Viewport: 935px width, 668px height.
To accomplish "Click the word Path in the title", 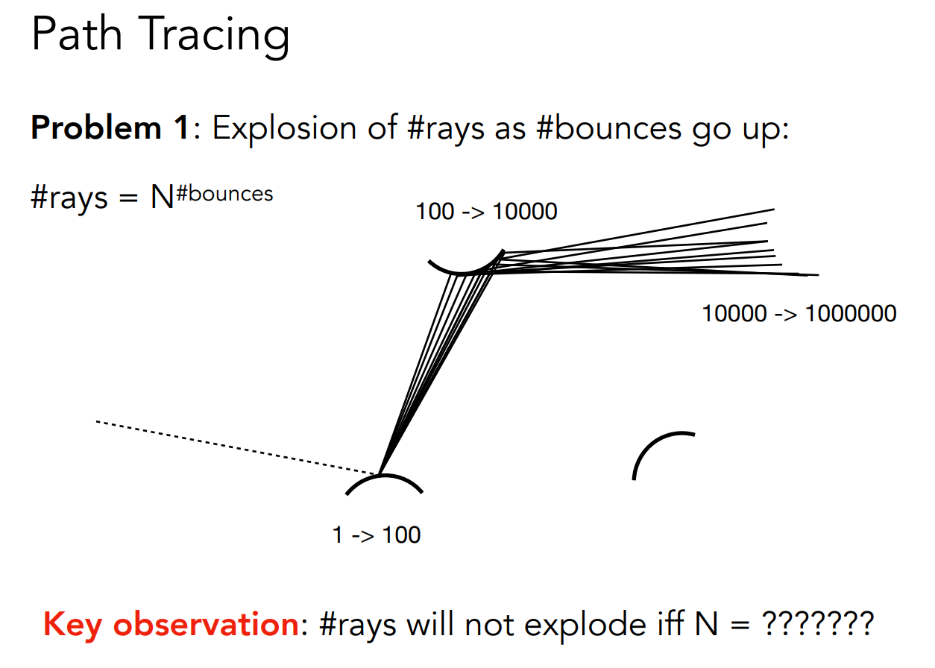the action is pyautogui.click(x=77, y=34).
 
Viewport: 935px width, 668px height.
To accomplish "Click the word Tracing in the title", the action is pyautogui.click(x=214, y=37).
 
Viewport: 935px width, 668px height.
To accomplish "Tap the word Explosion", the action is pyautogui.click(x=284, y=129).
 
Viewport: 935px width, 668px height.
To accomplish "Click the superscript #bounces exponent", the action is pyautogui.click(x=224, y=194).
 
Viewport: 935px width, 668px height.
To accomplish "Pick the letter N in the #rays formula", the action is pyautogui.click(x=162, y=197).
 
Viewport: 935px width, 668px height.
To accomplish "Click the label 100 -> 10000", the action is pyautogui.click(x=486, y=211).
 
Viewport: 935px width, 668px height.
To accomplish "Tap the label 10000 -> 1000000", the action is pyautogui.click(x=799, y=313).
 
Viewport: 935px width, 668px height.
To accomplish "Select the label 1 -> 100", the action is pyautogui.click(x=376, y=535).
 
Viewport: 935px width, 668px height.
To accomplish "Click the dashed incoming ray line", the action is pyautogui.click(x=236, y=448).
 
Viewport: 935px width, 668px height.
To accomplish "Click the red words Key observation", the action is pyautogui.click(x=171, y=626).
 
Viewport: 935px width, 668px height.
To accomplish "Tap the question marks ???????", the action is pyautogui.click(x=818, y=624).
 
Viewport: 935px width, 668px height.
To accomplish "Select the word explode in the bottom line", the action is pyautogui.click(x=585, y=626).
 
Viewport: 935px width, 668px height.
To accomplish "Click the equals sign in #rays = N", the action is pyautogui.click(x=128, y=198).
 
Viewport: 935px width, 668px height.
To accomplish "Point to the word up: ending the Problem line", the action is pyautogui.click(x=765, y=129).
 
